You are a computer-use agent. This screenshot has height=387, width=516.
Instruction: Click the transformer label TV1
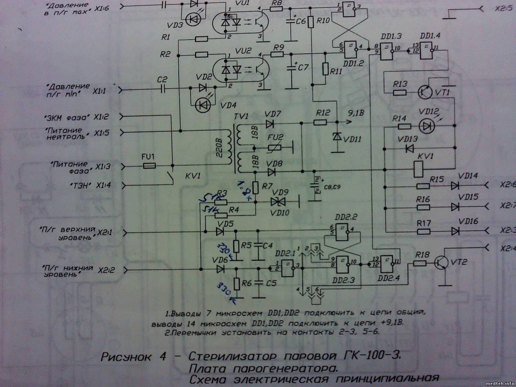pyautogui.click(x=241, y=116)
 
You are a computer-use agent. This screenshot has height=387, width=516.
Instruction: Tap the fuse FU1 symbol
pyautogui.click(x=149, y=166)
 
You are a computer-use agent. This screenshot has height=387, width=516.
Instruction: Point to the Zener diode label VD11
pyautogui.click(x=352, y=139)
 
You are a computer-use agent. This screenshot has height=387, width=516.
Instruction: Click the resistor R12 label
pyautogui.click(x=323, y=113)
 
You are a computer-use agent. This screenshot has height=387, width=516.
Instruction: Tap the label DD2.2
pyautogui.click(x=346, y=217)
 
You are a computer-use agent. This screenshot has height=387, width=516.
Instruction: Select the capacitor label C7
pyautogui.click(x=303, y=67)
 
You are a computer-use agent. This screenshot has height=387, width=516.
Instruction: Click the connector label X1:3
pyautogui.click(x=103, y=167)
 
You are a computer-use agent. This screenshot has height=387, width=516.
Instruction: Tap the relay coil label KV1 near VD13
pyautogui.click(x=426, y=156)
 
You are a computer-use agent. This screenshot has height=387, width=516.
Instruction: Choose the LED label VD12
pyautogui.click(x=429, y=112)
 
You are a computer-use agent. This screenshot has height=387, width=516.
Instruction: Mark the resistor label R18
pyautogui.click(x=422, y=255)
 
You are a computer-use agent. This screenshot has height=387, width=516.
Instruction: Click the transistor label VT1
pyautogui.click(x=442, y=93)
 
